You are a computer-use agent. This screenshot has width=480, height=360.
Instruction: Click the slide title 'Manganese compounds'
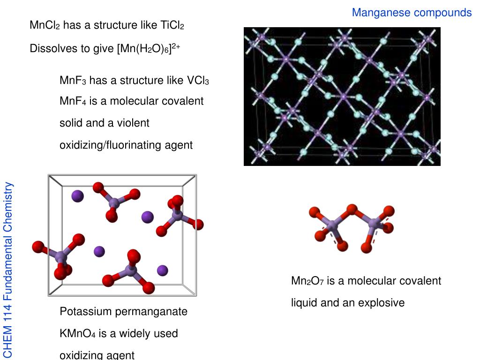[x=412, y=13]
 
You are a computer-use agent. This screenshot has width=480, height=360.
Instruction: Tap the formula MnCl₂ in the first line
[x=45, y=25]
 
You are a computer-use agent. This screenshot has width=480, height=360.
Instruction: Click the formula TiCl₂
[x=172, y=25]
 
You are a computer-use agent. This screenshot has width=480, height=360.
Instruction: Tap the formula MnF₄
[x=73, y=101]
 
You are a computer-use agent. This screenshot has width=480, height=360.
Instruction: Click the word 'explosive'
[x=381, y=303]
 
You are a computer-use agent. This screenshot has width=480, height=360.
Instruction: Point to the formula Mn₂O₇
[x=307, y=281]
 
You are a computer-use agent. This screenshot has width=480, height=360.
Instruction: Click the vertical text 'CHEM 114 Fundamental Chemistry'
[x=8, y=270]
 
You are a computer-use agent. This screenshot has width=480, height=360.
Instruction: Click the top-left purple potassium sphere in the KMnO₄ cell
[x=77, y=195]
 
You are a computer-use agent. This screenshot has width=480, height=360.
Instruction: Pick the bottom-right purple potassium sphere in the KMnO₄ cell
[x=162, y=270]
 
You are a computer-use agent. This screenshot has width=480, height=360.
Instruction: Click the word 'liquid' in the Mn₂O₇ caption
[x=304, y=303]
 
